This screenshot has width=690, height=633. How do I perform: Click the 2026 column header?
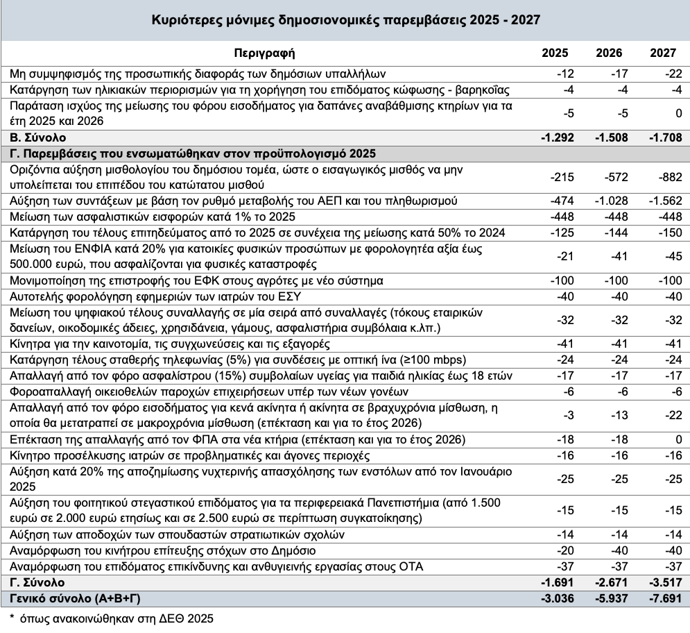click(610, 53)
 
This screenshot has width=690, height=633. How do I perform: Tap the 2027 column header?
click(664, 53)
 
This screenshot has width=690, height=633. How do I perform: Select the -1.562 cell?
click(664, 201)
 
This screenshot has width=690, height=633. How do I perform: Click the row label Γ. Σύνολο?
click(37, 582)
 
